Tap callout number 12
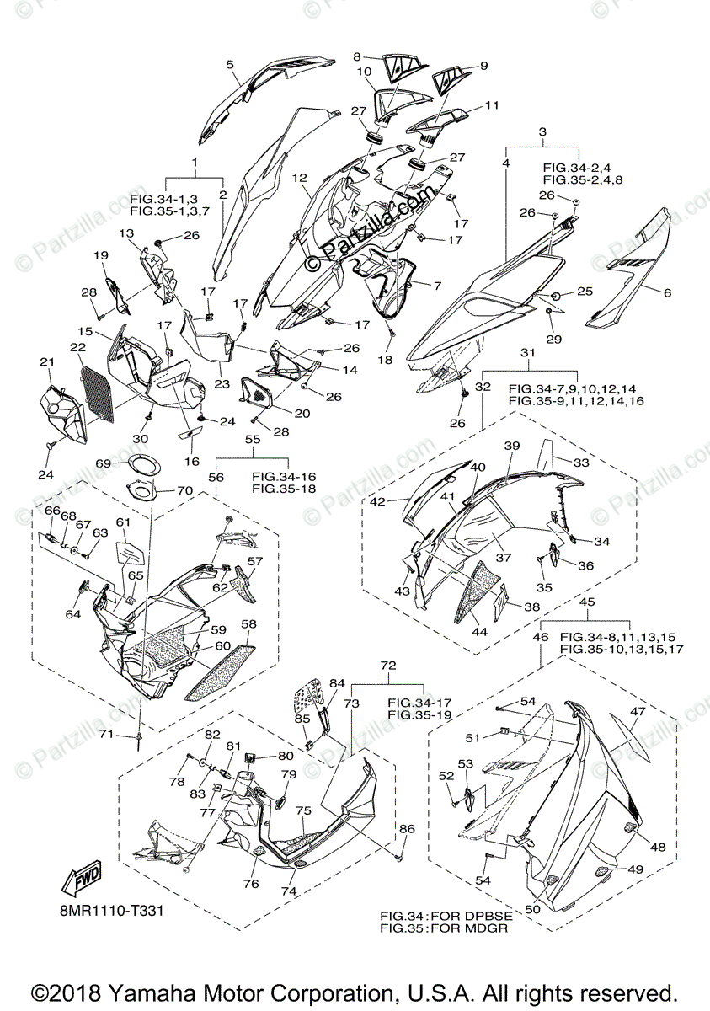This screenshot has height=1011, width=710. [299, 178]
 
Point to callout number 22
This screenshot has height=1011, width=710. [77, 348]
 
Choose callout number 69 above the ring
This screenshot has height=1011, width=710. [103, 463]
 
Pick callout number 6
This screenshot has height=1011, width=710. [668, 293]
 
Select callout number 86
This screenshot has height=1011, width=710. [408, 829]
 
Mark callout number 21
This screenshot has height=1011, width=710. [45, 363]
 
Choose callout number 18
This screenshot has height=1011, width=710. [384, 360]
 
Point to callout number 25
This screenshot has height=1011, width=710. [585, 292]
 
